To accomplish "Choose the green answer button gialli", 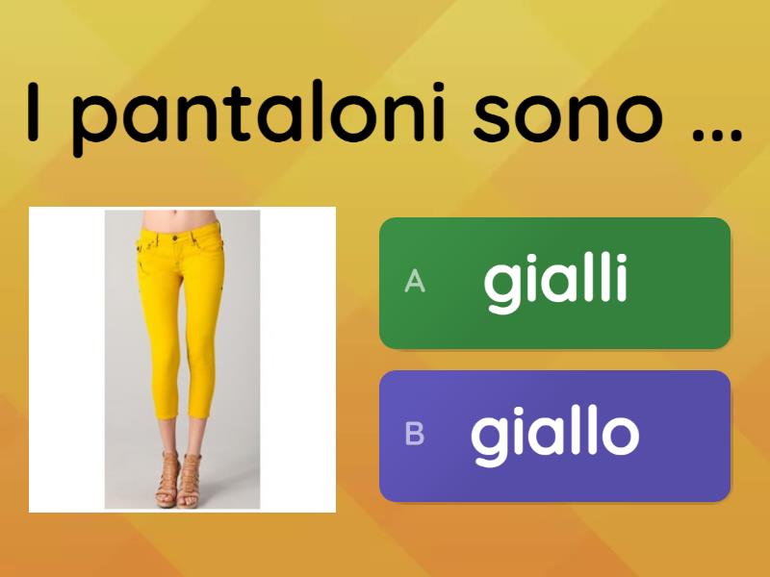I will pyautogui.click(x=554, y=283).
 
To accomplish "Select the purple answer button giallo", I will pyautogui.click(x=554, y=436).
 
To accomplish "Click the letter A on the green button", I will pyautogui.click(x=415, y=282).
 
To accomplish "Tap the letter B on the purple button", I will pyautogui.click(x=415, y=435).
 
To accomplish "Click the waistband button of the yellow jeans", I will pyautogui.click(x=173, y=238).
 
